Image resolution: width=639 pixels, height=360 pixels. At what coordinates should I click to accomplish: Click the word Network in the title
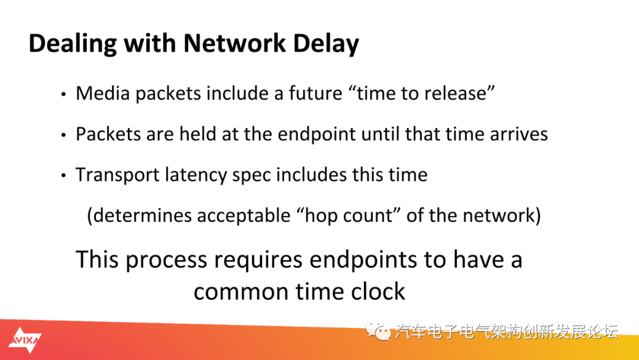tap(235, 43)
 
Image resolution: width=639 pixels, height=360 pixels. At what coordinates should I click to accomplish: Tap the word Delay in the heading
tap(326, 44)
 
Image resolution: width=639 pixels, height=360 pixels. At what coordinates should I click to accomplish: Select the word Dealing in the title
tap(73, 44)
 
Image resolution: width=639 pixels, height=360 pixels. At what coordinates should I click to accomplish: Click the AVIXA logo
tap(25, 340)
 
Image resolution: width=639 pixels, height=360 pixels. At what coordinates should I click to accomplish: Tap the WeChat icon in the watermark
tap(377, 330)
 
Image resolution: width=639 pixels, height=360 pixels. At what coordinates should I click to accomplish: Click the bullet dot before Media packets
tap(63, 95)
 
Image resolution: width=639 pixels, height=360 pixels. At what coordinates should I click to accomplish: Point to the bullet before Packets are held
tap(63, 135)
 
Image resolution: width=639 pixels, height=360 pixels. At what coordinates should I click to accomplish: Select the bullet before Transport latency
tap(63, 176)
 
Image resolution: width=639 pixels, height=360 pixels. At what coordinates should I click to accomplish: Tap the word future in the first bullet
tap(315, 93)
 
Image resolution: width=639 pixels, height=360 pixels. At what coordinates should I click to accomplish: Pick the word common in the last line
tap(241, 292)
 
